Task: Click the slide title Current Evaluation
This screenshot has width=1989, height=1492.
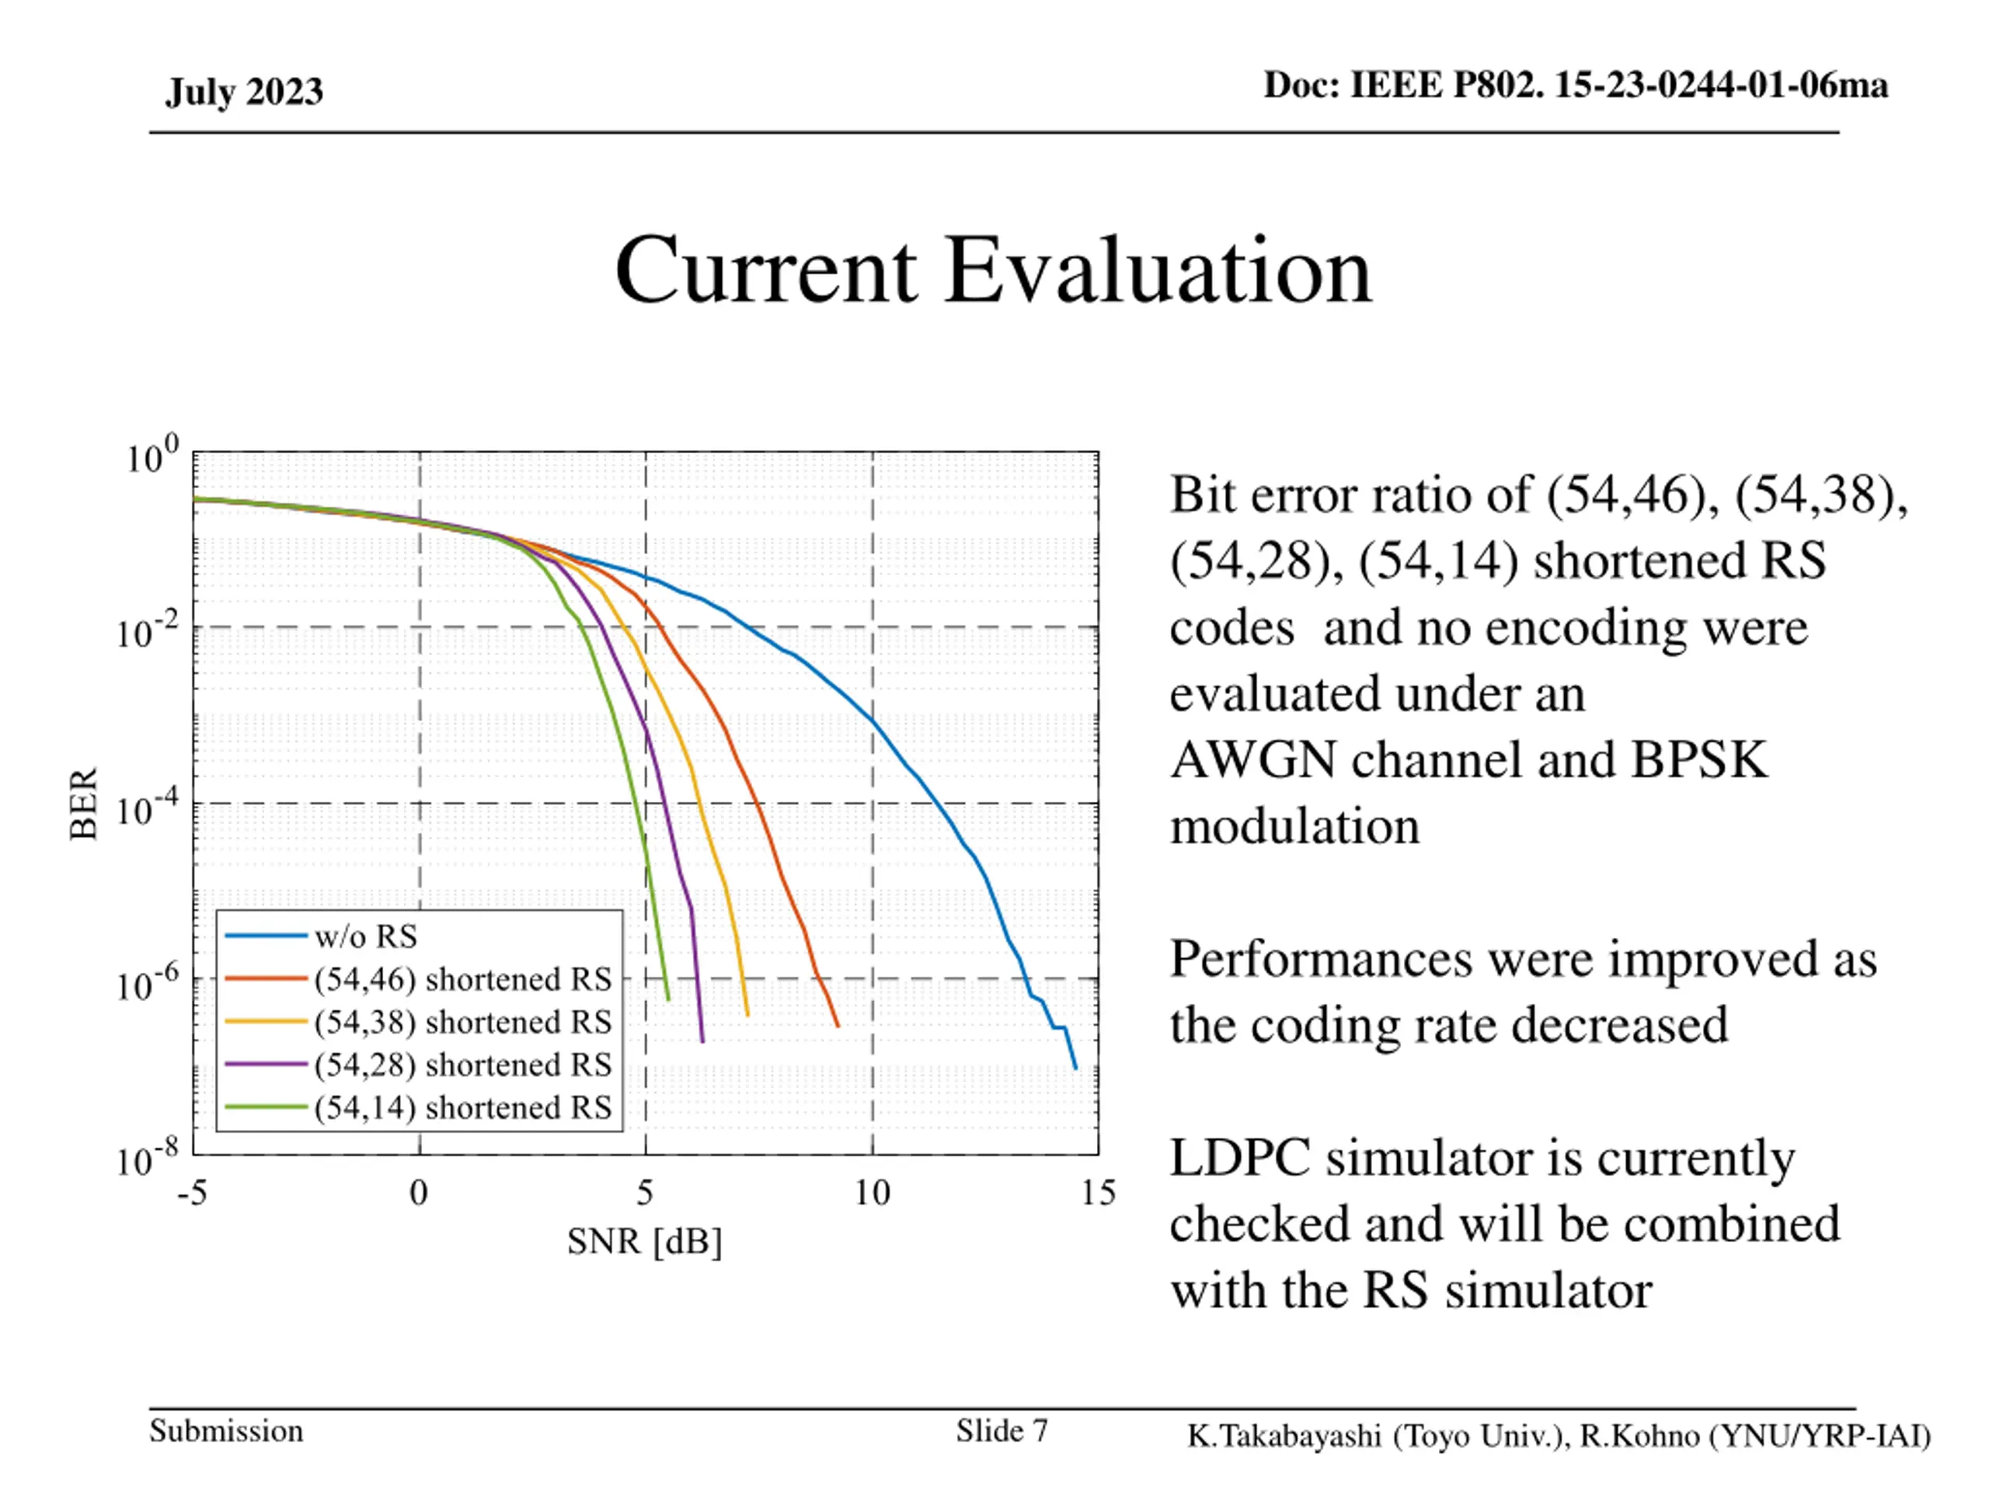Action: click(993, 270)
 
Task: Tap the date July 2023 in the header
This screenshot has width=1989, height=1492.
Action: click(244, 92)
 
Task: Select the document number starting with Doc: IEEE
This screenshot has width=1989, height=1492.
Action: click(1576, 85)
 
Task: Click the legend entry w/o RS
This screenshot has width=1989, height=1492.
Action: click(366, 936)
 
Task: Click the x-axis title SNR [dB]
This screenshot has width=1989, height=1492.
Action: click(645, 1241)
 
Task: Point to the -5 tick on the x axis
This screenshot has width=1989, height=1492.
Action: click(193, 1194)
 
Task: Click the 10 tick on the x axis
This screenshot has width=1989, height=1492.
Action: click(871, 1194)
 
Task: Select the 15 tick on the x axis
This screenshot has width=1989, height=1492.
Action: click(1098, 1194)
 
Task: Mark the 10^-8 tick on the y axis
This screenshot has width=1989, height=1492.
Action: click(148, 1159)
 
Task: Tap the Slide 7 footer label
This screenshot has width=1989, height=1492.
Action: click(1001, 1431)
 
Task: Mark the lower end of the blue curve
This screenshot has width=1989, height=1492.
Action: click(1075, 1068)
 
